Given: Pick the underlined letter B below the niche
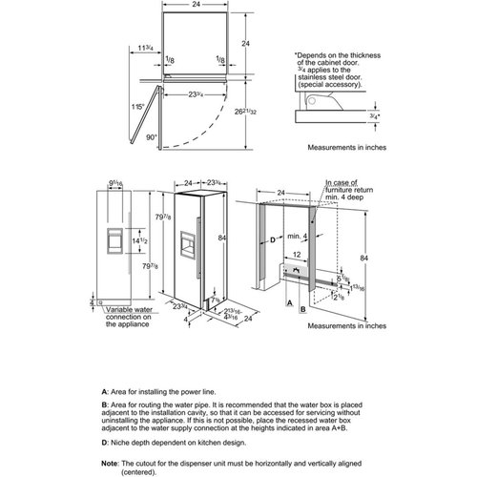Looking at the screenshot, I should pos(303,309).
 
